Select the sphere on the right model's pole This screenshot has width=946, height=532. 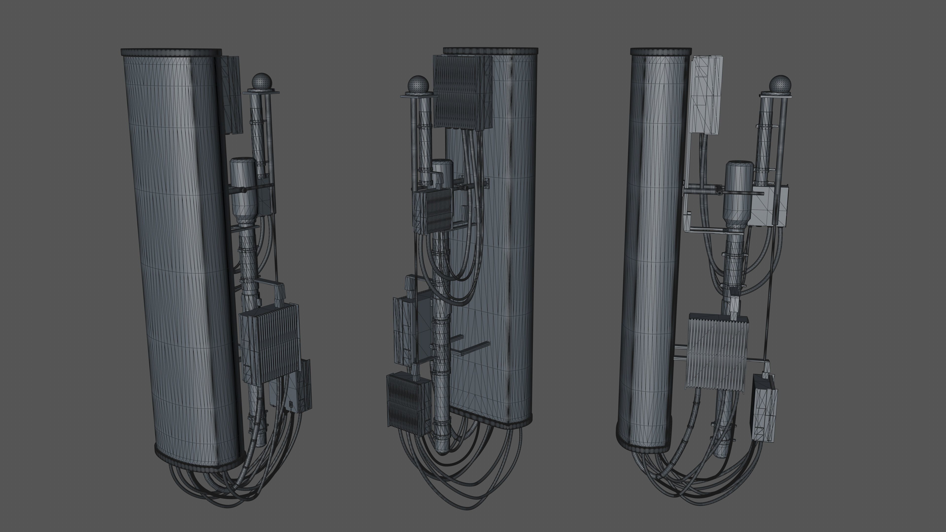(x=780, y=84)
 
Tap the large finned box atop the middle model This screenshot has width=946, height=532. (x=462, y=92)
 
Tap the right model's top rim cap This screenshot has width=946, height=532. (x=661, y=51)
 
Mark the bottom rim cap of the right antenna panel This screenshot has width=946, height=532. (x=643, y=442)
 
